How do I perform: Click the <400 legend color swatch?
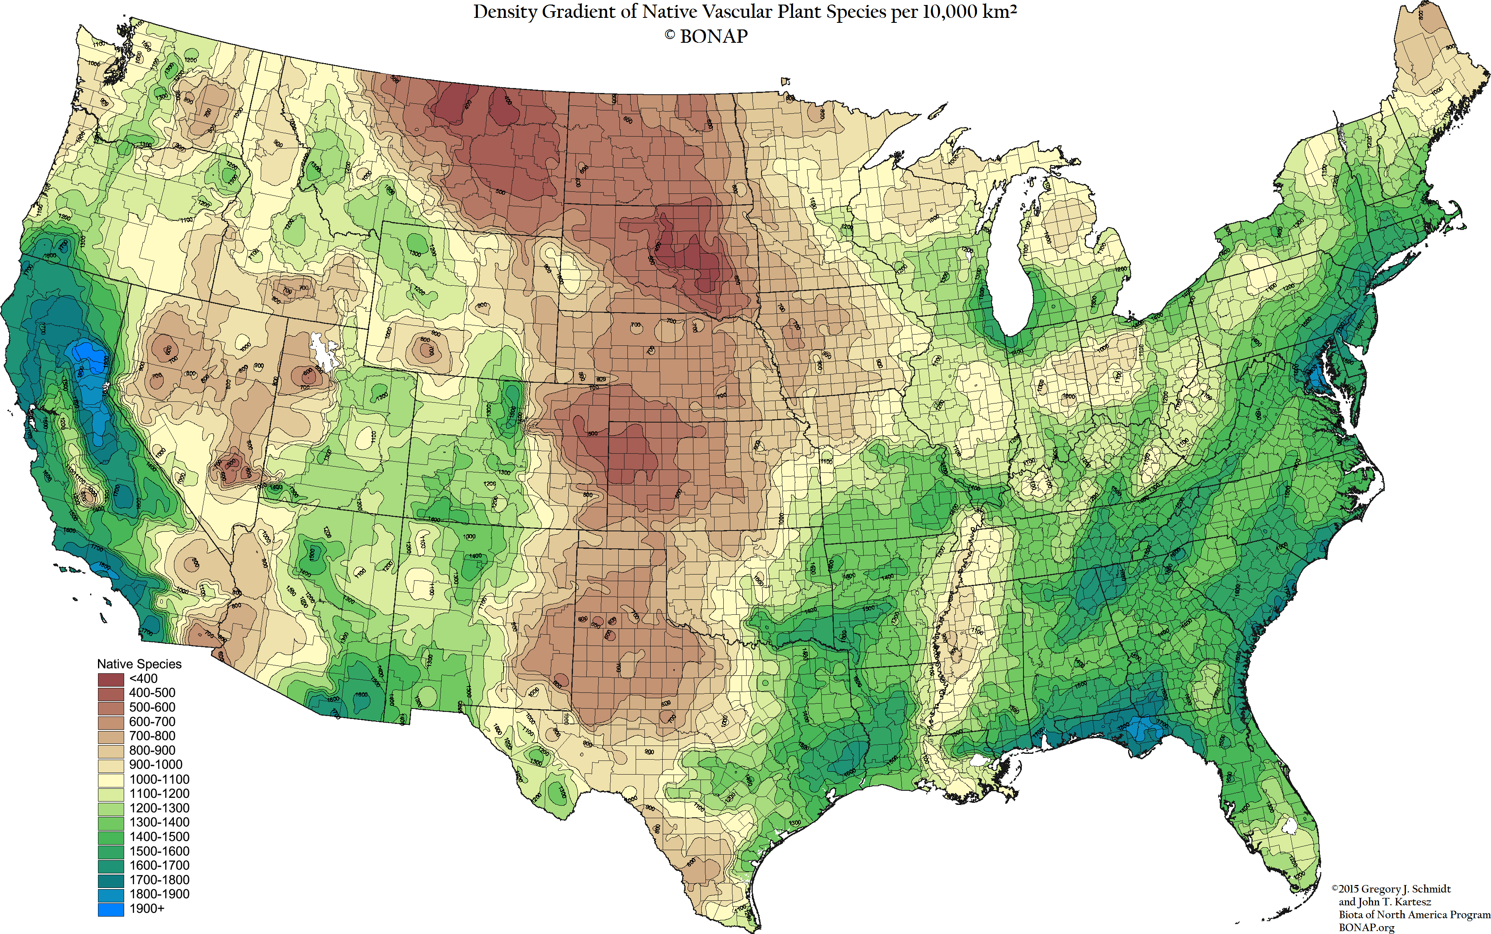[110, 679]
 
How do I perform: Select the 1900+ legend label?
[147, 909]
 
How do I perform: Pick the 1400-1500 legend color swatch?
[110, 837]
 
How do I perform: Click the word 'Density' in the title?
[505, 12]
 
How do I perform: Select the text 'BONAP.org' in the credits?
[1366, 927]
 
